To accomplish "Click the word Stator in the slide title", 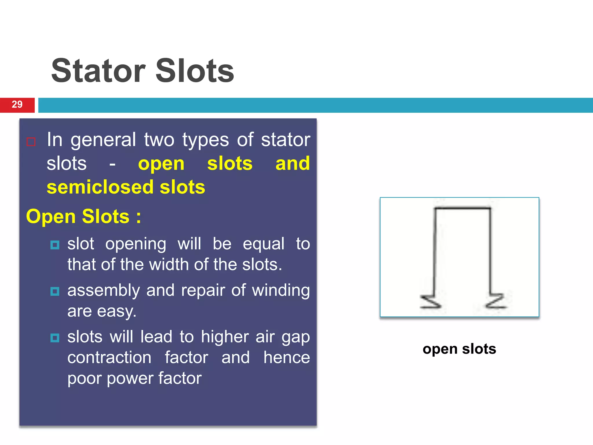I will (98, 71).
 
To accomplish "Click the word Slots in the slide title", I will (195, 71).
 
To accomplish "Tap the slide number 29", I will (17, 105).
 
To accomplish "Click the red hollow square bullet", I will (31, 142).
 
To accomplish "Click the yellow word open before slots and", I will (161, 164).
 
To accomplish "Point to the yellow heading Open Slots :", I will (84, 217).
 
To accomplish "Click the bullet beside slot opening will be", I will (55, 245).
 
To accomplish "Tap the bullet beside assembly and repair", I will (55, 291).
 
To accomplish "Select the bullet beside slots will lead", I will (55, 338).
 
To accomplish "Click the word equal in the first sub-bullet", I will (263, 244).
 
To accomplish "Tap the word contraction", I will (109, 358).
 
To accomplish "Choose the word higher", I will (225, 337).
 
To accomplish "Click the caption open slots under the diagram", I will (459, 349).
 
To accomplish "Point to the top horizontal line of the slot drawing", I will (462, 208).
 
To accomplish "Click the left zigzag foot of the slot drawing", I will (430, 302).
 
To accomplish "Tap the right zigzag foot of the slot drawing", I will (496, 301).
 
